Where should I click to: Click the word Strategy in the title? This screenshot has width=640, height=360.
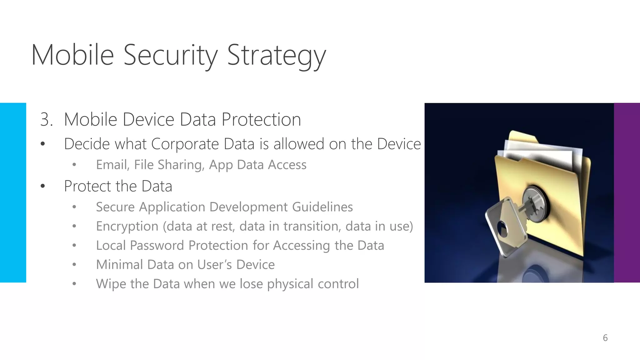[x=276, y=55]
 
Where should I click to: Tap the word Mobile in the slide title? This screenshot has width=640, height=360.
[x=72, y=55]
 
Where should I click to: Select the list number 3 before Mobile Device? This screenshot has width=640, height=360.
[x=46, y=120]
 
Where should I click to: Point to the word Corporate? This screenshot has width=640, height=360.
[x=185, y=144]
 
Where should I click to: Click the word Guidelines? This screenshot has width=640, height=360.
[x=322, y=207]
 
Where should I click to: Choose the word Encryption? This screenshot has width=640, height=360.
[x=127, y=227]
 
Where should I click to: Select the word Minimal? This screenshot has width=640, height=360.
[x=119, y=265]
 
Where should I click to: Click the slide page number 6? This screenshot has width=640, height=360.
[x=605, y=338]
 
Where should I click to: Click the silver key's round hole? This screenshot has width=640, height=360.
[x=502, y=228]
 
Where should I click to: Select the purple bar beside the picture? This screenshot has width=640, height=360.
[x=627, y=192]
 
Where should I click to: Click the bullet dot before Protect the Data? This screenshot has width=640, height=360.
[x=43, y=187]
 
